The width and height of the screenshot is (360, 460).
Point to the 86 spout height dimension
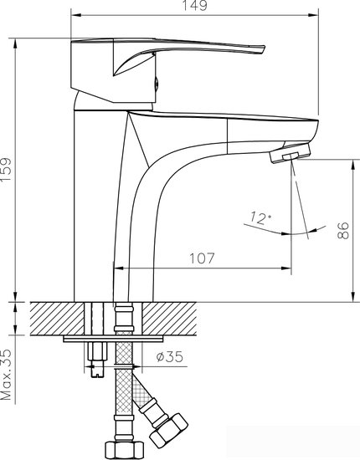(x=342, y=232)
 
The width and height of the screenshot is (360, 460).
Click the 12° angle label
(x=259, y=219)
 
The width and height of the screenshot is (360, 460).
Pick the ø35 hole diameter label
(x=170, y=358)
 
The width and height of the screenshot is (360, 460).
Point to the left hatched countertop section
(x=58, y=319)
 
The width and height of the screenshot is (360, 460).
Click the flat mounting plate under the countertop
(x=114, y=339)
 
